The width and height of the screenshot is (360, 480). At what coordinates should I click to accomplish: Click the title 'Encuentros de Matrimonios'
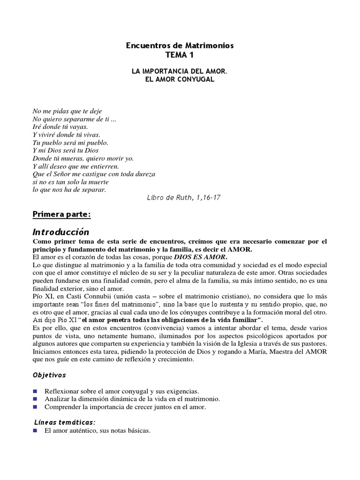pos(180,45)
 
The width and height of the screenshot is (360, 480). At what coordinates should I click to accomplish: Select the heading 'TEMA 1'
pos(180,55)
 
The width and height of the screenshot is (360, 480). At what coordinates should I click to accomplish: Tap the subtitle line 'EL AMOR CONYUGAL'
pos(180,79)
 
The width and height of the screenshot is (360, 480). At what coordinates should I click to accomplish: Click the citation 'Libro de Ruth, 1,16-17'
pos(184,197)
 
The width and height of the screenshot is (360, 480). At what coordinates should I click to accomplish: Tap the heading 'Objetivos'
pos(49,375)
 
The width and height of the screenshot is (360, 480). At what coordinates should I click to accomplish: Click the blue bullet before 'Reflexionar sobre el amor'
pos(35,390)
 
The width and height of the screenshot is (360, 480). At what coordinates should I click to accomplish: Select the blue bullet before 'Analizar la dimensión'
pos(35,398)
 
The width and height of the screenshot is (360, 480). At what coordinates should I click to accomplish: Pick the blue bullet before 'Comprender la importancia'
pos(35,407)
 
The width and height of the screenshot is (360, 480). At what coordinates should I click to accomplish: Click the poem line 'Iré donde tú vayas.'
pos(60,127)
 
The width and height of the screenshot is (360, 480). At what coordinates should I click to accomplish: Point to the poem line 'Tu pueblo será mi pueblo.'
pos(70,142)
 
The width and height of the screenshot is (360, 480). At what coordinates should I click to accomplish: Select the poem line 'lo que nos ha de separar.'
pos(69,190)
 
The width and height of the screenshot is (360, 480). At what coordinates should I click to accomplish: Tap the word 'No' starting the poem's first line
pos(37,111)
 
